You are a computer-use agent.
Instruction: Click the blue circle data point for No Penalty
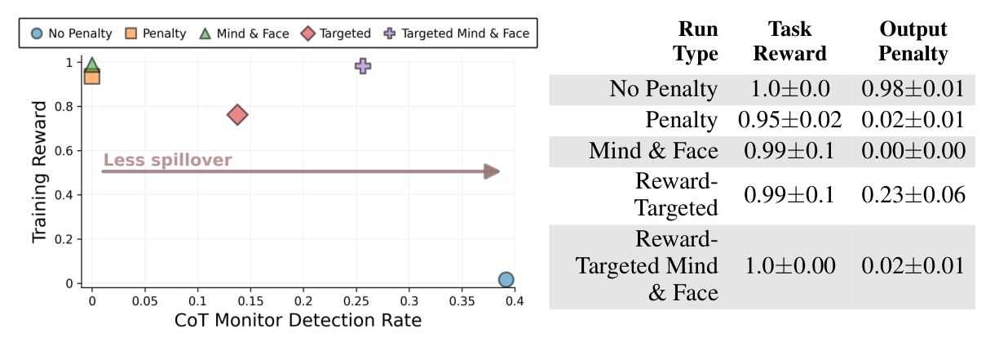tap(506, 280)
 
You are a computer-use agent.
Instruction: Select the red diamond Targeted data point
tap(237, 115)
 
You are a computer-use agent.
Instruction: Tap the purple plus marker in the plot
tap(363, 66)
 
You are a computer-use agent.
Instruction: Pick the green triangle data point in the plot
tap(92, 65)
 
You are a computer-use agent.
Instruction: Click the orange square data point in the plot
tap(92, 77)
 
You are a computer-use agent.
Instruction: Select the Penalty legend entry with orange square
tap(156, 33)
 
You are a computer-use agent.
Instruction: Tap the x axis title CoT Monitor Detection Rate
tap(298, 321)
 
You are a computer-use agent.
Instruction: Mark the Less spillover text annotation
tap(167, 160)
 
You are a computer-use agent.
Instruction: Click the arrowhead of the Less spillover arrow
tap(492, 171)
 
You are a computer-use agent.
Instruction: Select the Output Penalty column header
tap(913, 42)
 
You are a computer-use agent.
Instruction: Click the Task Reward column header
tap(789, 42)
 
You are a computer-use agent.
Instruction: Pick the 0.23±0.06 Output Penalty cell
tap(913, 195)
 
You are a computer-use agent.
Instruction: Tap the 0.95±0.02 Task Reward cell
tap(789, 121)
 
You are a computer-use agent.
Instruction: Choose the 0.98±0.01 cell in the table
tap(913, 89)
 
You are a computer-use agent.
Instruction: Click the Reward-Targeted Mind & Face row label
tap(648, 266)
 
